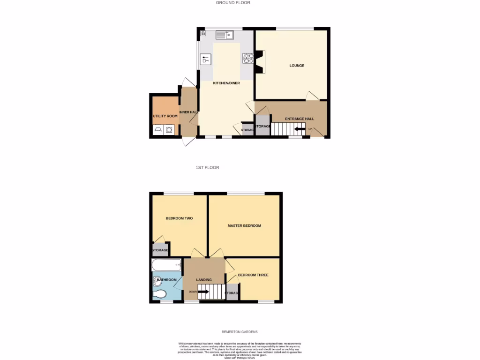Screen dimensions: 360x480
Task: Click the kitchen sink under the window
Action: coord(225,35)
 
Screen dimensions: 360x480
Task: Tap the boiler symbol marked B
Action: coord(203,34)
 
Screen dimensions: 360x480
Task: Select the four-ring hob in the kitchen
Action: coord(247,59)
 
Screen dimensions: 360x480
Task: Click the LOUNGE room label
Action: coord(296,66)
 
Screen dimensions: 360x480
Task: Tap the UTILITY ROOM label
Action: coord(165,116)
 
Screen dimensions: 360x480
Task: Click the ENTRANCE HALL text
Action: coord(300,119)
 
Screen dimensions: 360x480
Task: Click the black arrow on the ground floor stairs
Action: coord(298,129)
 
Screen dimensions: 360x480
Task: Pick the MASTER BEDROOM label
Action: coord(244,225)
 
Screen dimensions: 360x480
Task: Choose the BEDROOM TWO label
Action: coord(179,218)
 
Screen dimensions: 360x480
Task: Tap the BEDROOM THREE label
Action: coord(253,275)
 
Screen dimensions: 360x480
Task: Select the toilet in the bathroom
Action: coord(159,294)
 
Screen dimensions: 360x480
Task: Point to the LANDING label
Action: coord(204,280)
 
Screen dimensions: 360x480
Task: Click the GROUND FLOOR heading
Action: coord(233,3)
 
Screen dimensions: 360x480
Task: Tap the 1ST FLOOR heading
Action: coord(207,167)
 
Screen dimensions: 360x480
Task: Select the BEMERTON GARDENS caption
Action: coord(240,332)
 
